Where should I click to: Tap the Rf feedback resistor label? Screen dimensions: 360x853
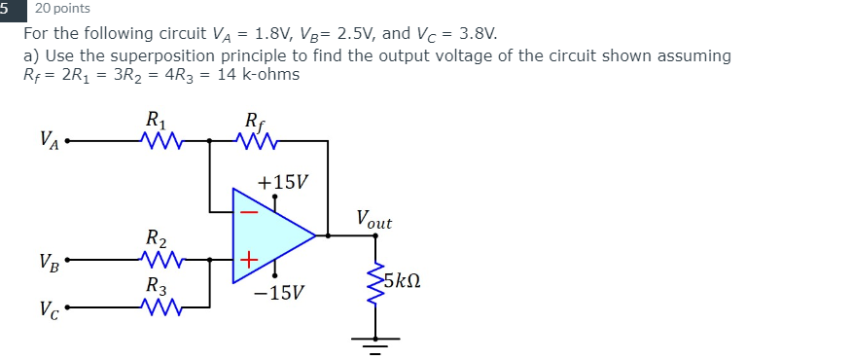tap(254, 122)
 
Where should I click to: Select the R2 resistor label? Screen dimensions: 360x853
tap(157, 238)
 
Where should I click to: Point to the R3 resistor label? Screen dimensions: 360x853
tap(157, 287)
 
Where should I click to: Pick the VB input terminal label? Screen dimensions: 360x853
tap(49, 262)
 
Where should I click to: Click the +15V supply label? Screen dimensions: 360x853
tap(282, 182)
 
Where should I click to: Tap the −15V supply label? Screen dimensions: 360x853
tap(281, 291)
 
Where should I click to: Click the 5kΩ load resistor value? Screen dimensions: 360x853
tap(402, 281)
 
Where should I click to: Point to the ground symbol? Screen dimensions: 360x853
tap(371, 342)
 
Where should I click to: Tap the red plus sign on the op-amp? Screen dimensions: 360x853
tap(249, 260)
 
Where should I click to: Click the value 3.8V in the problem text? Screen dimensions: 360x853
tap(473, 34)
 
